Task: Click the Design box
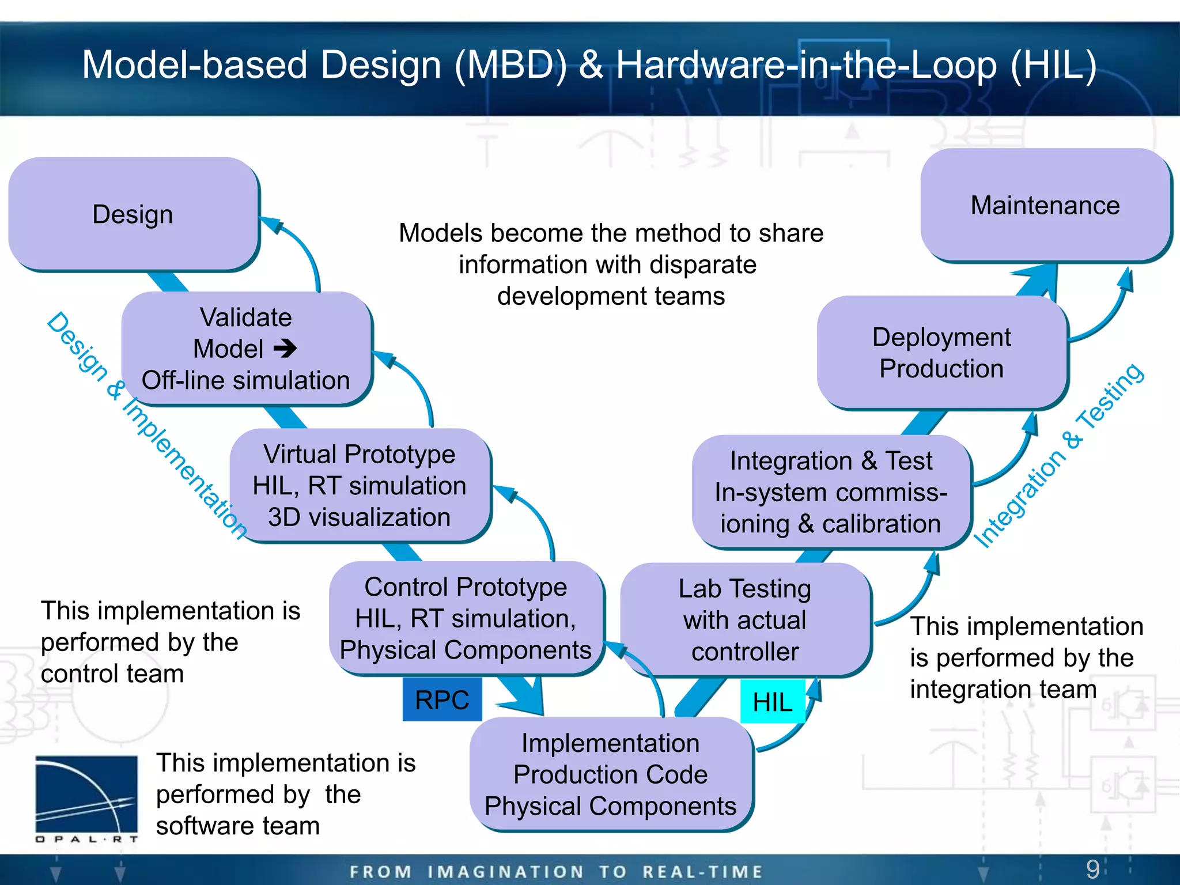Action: coord(133,214)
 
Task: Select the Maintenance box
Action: coord(1045,205)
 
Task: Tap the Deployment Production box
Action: coord(941,352)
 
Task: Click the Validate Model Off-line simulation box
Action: coord(246,349)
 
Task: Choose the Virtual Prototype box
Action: coord(360,485)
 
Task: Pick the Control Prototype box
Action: coord(466,618)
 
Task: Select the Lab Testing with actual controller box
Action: coord(744,620)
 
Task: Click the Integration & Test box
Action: coord(830,492)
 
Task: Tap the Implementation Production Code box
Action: coord(610,774)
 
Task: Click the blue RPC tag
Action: coord(442,700)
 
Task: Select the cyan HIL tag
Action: coord(772,702)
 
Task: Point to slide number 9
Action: coord(1092,869)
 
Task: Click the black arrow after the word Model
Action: coord(285,348)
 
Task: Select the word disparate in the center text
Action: coord(703,265)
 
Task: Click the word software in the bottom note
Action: coord(196,826)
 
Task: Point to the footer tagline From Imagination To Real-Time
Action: coord(556,871)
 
